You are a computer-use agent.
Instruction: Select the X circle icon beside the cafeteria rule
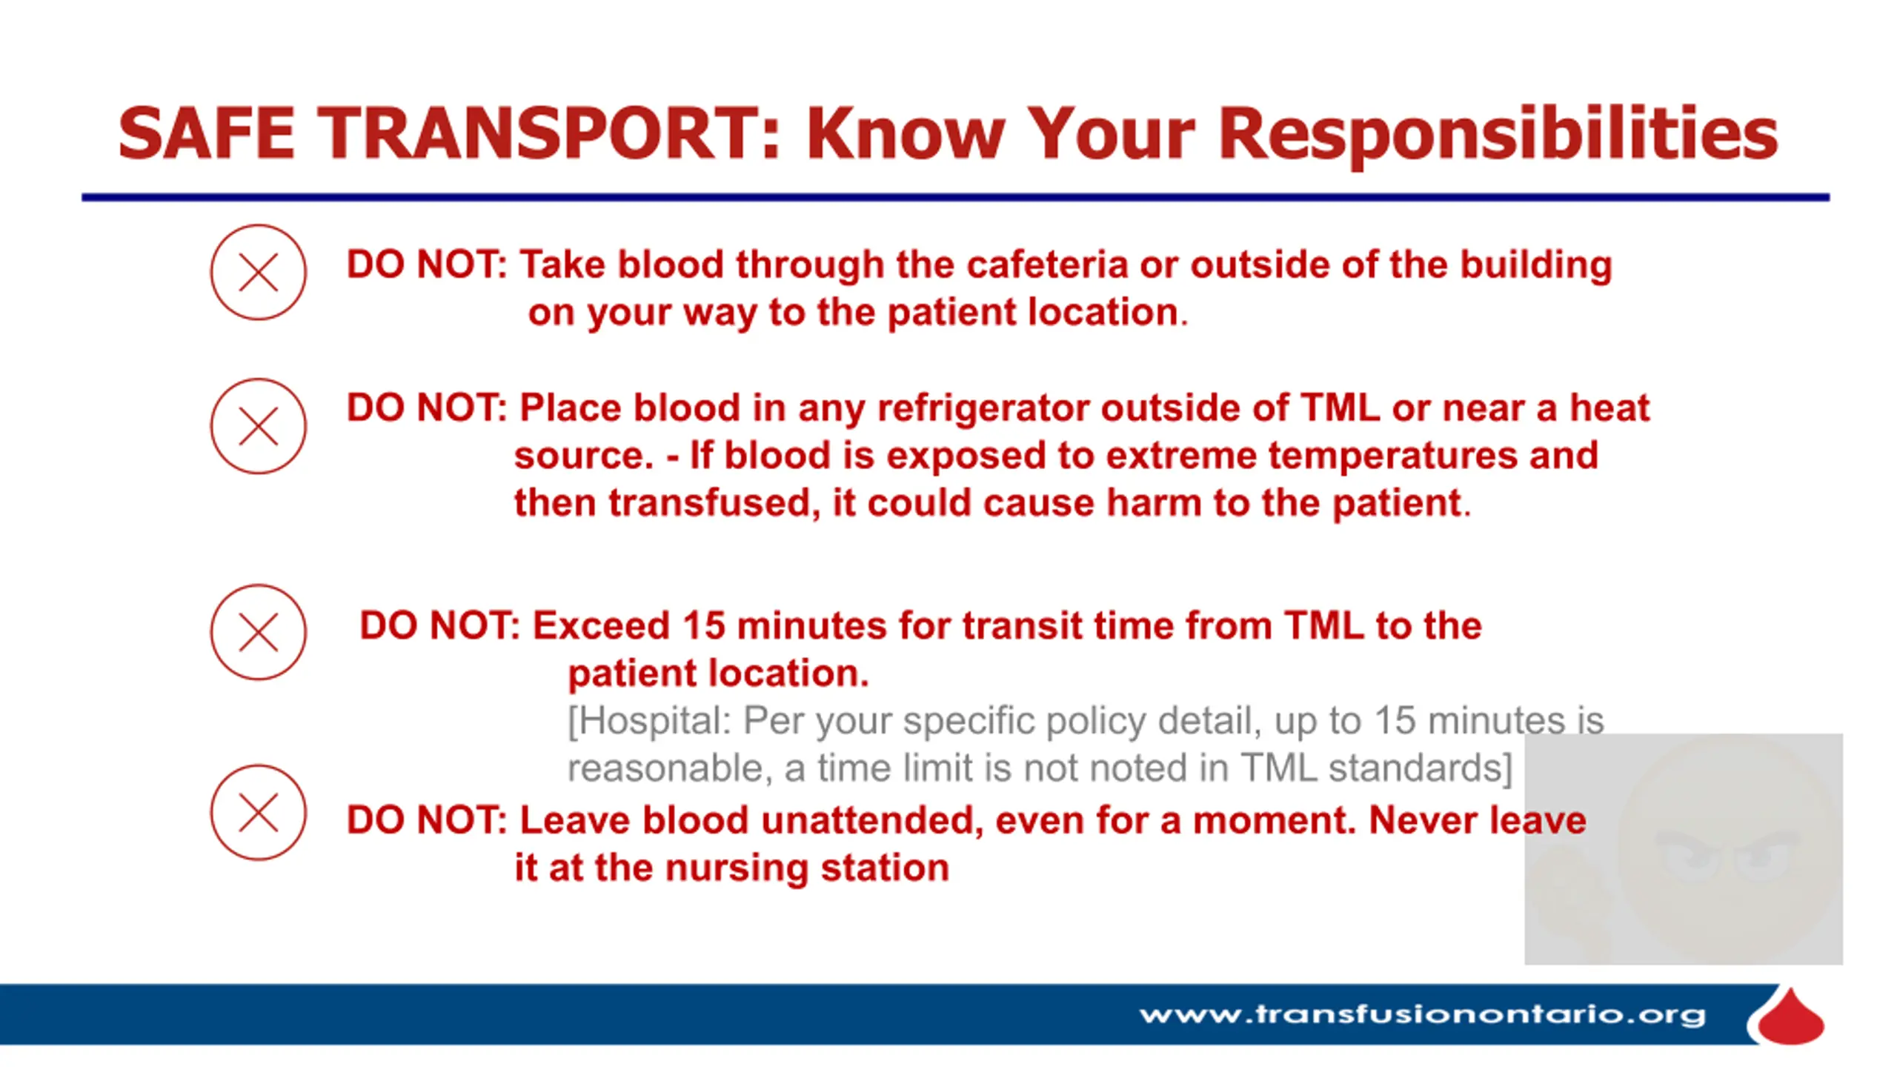pos(258,273)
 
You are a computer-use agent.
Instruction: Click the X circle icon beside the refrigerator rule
pos(258,426)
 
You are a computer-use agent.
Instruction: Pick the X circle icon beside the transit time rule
pos(258,632)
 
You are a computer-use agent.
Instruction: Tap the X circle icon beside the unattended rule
pos(258,813)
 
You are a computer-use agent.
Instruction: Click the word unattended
pos(872,821)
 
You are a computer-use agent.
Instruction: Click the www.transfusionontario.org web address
pos(1423,1015)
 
